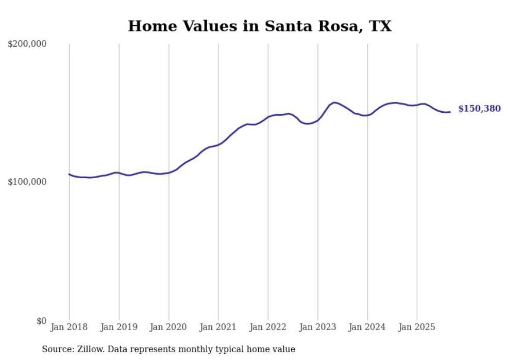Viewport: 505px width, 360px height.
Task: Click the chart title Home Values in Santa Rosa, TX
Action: point(260,26)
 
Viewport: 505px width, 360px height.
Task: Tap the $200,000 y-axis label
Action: point(27,44)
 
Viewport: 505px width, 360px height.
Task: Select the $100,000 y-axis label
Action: point(27,182)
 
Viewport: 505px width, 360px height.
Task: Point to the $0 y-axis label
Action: point(41,321)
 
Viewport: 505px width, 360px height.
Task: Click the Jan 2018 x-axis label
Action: point(69,327)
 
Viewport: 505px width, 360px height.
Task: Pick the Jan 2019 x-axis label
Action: point(119,327)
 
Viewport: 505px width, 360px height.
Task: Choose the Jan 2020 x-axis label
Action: point(169,327)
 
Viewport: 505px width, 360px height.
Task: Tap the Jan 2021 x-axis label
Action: point(218,327)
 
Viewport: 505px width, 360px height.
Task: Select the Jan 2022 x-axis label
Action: point(268,327)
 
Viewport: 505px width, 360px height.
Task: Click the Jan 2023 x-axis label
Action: point(317,327)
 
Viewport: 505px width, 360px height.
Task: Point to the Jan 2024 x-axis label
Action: point(367,327)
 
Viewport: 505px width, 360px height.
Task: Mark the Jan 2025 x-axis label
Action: point(417,327)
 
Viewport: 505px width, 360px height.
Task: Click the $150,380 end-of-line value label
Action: point(479,109)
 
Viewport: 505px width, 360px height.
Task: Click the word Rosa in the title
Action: point(334,26)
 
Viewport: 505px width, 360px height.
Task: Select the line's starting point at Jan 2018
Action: point(69,174)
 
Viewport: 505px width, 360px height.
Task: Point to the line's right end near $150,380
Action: point(450,112)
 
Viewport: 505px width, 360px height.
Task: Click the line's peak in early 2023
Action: point(334,102)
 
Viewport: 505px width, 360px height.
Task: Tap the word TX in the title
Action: point(380,26)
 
